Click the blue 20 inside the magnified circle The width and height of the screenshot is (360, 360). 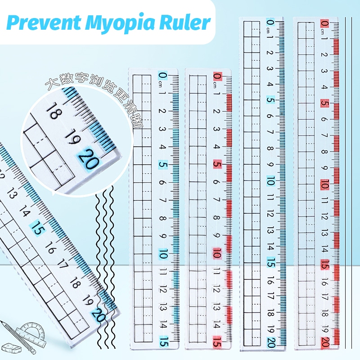87,159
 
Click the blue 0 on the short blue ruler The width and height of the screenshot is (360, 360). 162,76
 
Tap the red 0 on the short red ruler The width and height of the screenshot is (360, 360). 217,76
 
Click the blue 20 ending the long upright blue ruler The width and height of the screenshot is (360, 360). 270,342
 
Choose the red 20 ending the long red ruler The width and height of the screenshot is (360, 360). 324,342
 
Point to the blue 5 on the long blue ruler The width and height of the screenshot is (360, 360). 270,100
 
